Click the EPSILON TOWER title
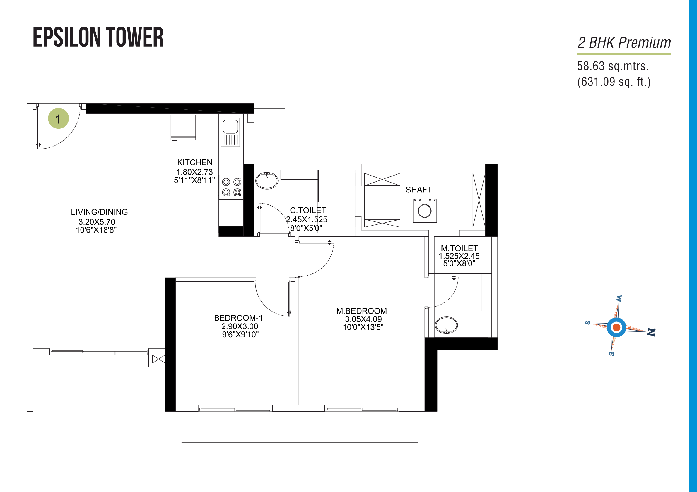[x=98, y=37]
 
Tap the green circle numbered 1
[x=58, y=118]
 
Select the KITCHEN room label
[x=194, y=162]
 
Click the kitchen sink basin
[x=230, y=126]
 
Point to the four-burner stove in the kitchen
[x=231, y=187]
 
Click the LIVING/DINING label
[x=99, y=212]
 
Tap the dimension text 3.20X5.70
[x=97, y=222]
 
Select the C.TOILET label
[x=308, y=210]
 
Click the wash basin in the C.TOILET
[x=267, y=181]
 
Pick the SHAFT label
[x=418, y=190]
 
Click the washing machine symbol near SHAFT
[x=425, y=211]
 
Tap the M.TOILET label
[x=459, y=248]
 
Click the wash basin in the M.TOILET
[x=446, y=326]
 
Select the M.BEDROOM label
[x=362, y=311]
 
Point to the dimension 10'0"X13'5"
[x=363, y=327]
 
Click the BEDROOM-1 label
[x=238, y=318]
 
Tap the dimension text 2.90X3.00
[x=240, y=326]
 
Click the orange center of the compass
[x=616, y=327]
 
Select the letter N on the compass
[x=651, y=332]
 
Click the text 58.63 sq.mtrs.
[x=613, y=66]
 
